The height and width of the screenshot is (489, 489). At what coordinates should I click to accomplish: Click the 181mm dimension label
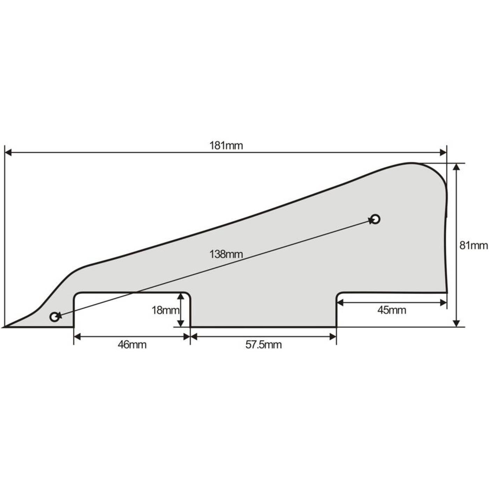pyautogui.click(x=226, y=146)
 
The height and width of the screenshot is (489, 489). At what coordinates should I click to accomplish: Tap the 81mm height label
pyautogui.click(x=474, y=246)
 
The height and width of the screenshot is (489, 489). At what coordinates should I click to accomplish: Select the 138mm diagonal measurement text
pyautogui.click(x=226, y=254)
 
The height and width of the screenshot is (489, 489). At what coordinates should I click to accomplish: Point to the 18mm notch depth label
pyautogui.click(x=166, y=310)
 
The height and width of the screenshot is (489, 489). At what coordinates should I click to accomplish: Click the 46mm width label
pyautogui.click(x=132, y=345)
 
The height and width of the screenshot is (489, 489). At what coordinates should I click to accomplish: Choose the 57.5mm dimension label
pyautogui.click(x=263, y=345)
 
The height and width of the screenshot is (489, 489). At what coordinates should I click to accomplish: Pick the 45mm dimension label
pyautogui.click(x=392, y=310)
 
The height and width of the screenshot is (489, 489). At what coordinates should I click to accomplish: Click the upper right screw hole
pyautogui.click(x=375, y=219)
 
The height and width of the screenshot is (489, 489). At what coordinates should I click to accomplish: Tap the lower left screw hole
pyautogui.click(x=54, y=317)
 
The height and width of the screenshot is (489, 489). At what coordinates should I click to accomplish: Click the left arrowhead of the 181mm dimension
pyautogui.click(x=8, y=153)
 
